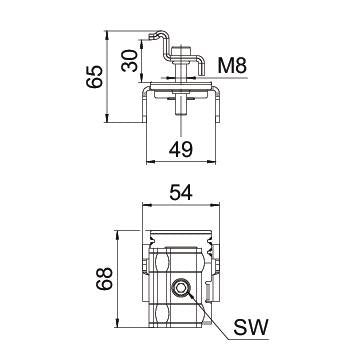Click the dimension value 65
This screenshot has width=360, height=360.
(x=94, y=77)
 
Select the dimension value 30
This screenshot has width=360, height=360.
(x=130, y=61)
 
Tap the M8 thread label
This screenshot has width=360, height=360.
(x=232, y=66)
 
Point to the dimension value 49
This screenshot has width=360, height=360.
(x=181, y=149)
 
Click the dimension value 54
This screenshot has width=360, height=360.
(x=181, y=192)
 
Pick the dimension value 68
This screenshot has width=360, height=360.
(x=104, y=278)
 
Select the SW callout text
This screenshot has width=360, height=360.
(x=250, y=328)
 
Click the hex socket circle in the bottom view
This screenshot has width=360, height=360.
(x=181, y=287)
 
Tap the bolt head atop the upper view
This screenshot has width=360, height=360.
(x=181, y=51)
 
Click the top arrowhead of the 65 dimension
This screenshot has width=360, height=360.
(x=107, y=34)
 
